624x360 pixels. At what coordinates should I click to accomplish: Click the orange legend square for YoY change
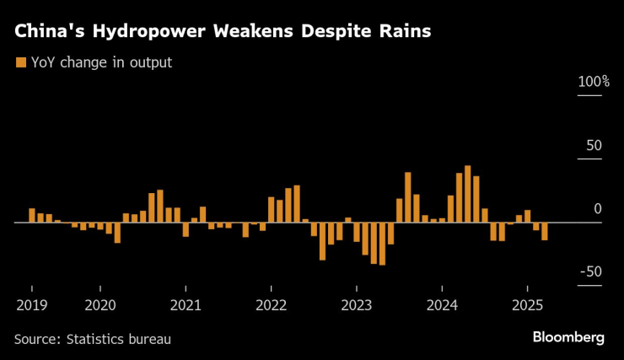pos(20,62)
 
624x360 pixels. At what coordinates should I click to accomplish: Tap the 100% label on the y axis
pos(593,82)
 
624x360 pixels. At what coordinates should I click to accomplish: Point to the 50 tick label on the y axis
pos(594,145)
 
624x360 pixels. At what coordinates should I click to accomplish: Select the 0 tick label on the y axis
pos(598,208)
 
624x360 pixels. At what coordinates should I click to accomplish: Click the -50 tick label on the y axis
pos(592,271)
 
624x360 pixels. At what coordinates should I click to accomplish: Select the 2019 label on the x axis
pos(30,304)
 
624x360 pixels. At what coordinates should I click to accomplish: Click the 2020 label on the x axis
pos(100,304)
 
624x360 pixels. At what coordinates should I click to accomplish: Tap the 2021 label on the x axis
pos(186,304)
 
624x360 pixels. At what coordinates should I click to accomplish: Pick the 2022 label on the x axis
pos(271,304)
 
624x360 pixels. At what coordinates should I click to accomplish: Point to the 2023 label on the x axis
pos(357,304)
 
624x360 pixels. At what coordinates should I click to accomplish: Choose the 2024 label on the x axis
pos(442,304)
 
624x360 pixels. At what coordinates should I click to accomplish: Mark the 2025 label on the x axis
pos(527,304)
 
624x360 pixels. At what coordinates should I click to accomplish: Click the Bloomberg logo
pos(568,337)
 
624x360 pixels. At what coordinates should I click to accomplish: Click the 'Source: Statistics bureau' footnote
pos(93,339)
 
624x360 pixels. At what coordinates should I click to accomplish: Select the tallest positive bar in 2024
pos(468,194)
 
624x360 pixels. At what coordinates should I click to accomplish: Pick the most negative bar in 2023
pos(382,244)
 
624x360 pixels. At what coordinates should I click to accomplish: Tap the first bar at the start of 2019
pos(32,215)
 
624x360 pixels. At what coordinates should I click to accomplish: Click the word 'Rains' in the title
pos(404,32)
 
